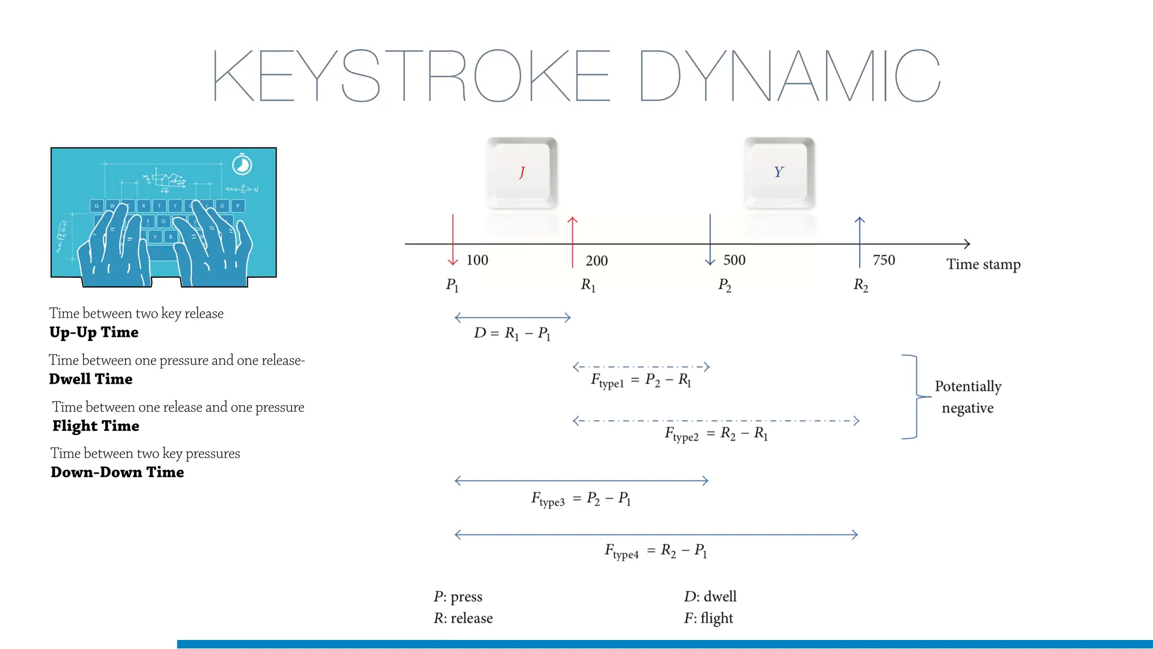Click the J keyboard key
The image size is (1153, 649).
[522, 172]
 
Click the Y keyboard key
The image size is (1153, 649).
[779, 172]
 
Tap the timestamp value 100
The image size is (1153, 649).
[477, 260]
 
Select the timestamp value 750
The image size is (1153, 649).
[883, 260]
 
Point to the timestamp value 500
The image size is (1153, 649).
[734, 260]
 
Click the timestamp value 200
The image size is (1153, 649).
[596, 261]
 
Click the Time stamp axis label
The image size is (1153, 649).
[983, 264]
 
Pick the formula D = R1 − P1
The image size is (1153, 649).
[512, 334]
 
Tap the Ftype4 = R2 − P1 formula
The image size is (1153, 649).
[655, 551]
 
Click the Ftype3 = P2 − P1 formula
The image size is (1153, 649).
[580, 499]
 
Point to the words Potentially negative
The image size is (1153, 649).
[968, 397]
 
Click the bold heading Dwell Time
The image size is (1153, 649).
[91, 379]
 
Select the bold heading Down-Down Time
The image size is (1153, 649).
[117, 472]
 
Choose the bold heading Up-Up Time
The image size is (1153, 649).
[93, 332]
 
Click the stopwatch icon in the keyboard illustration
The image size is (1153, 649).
[242, 165]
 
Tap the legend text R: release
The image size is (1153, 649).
[463, 619]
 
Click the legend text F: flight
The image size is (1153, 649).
[708, 619]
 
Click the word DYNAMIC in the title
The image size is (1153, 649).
[789, 75]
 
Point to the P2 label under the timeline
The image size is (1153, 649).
[725, 285]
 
